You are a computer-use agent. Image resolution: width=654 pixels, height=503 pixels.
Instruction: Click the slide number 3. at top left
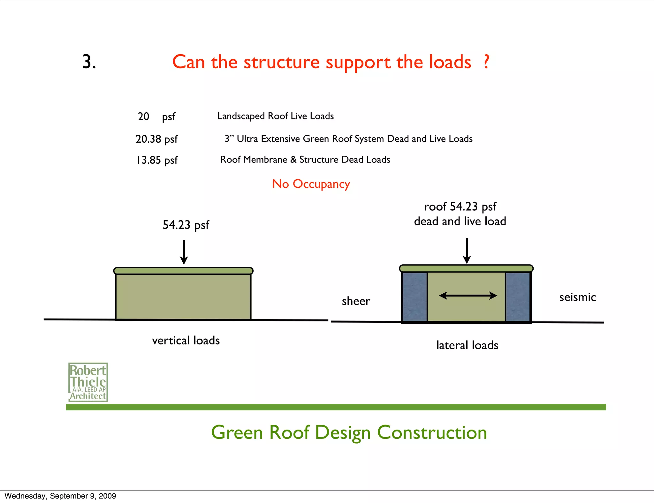89,62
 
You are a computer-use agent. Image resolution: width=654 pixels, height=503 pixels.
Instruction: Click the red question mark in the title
486,62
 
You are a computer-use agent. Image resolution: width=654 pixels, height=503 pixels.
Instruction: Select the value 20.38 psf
156,139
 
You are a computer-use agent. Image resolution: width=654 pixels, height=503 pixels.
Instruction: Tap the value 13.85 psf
156,160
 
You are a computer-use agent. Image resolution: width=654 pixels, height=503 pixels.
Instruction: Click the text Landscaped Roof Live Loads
275,116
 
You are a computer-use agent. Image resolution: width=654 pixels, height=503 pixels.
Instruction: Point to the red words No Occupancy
311,184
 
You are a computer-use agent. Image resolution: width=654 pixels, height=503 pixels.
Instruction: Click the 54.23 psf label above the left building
186,225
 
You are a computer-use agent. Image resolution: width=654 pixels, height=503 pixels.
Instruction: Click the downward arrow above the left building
184,252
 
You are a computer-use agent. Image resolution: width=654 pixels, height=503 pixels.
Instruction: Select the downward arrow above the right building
467,251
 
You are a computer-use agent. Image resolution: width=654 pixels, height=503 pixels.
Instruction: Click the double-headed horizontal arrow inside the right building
468,296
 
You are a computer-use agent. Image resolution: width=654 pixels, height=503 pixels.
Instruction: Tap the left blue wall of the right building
414,297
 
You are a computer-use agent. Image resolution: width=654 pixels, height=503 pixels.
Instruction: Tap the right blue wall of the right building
518,297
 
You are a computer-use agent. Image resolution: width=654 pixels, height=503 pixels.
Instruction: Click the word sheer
356,301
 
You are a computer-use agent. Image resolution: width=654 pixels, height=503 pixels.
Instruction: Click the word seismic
577,297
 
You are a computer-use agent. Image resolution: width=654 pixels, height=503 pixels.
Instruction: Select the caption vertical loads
186,341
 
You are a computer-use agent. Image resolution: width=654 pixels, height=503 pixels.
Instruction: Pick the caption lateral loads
467,345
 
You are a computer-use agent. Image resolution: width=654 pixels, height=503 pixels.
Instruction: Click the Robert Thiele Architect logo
88,382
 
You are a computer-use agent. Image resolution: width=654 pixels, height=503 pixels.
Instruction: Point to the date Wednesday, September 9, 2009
60,496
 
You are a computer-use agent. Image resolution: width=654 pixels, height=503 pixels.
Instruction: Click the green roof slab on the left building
183,271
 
